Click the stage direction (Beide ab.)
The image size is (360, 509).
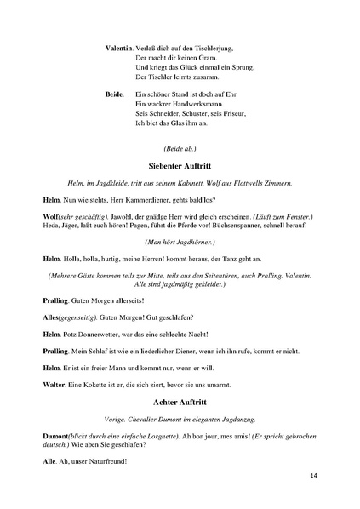[x=180, y=148]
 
